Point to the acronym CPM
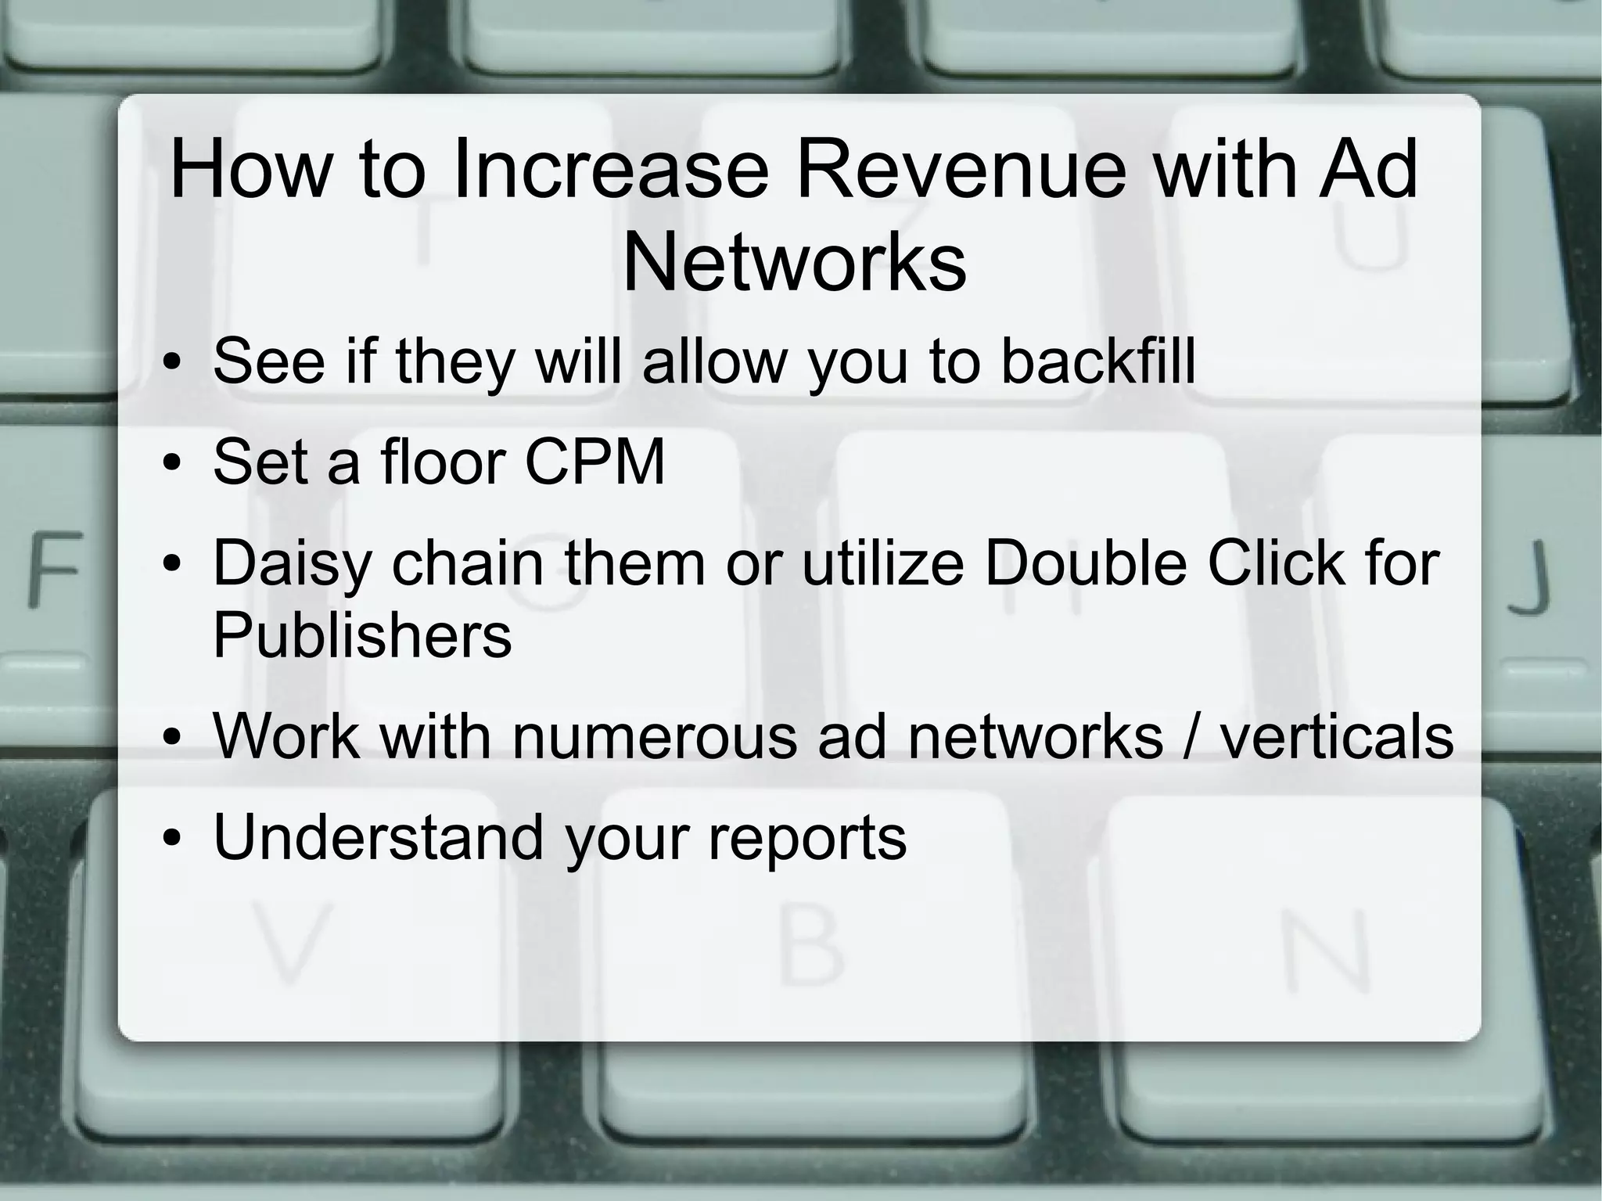click(594, 462)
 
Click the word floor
click(443, 462)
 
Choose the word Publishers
click(362, 635)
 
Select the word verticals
click(1337, 736)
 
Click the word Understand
click(378, 838)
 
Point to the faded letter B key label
click(812, 948)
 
